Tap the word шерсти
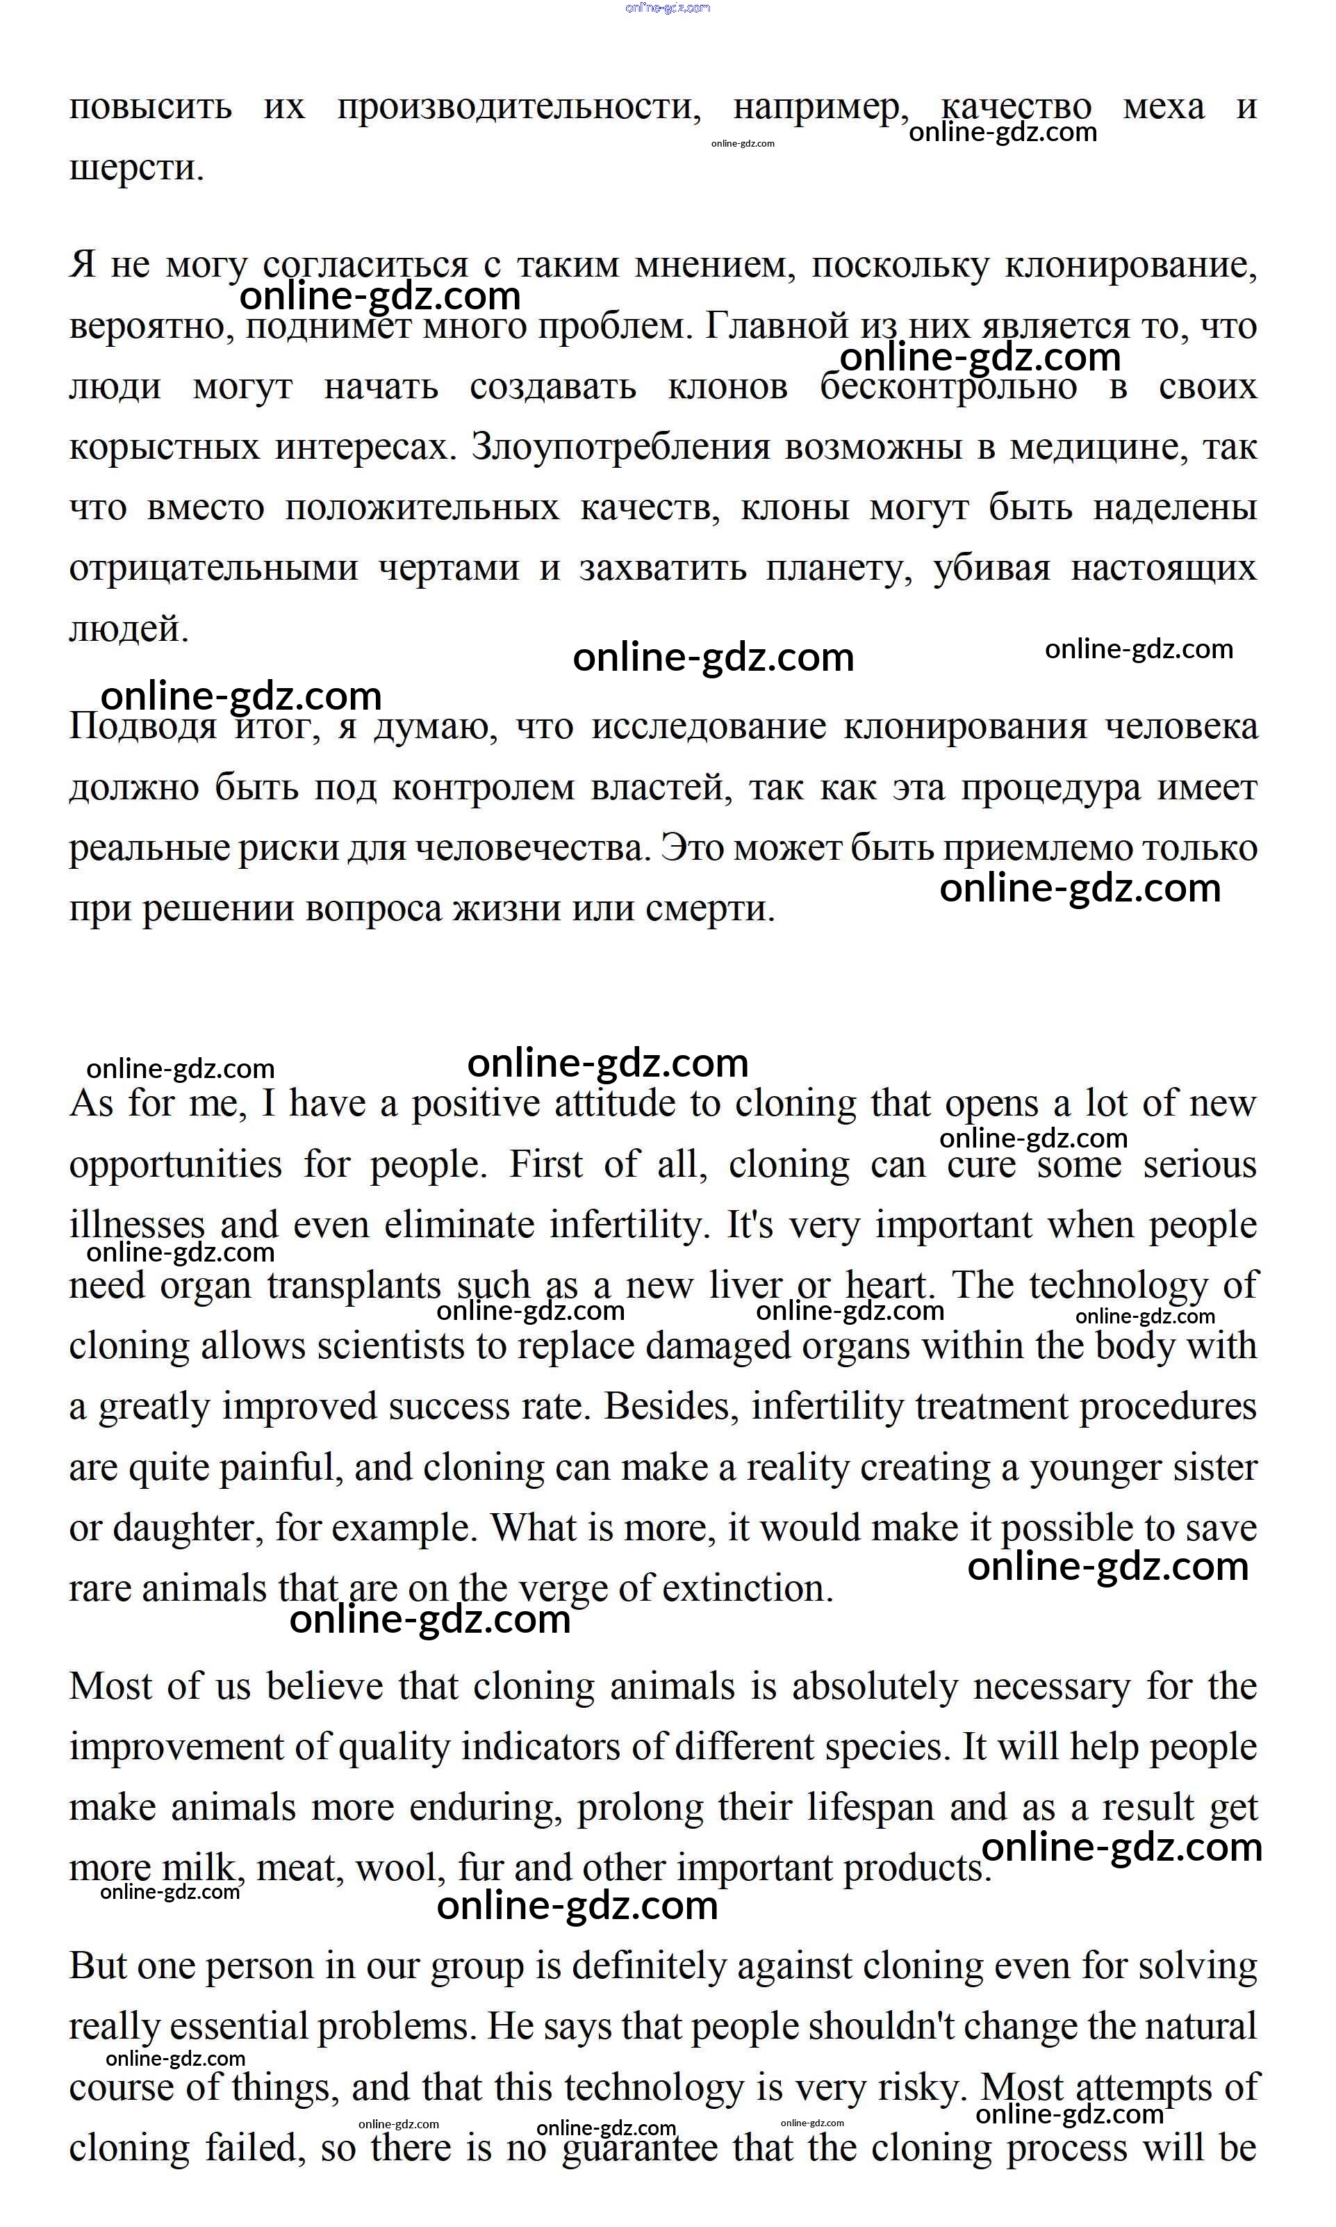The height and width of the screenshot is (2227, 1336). [x=136, y=168]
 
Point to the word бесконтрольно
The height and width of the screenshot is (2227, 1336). [x=948, y=387]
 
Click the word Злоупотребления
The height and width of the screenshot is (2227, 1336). [x=620, y=448]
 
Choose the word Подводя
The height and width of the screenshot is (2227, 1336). [x=143, y=728]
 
